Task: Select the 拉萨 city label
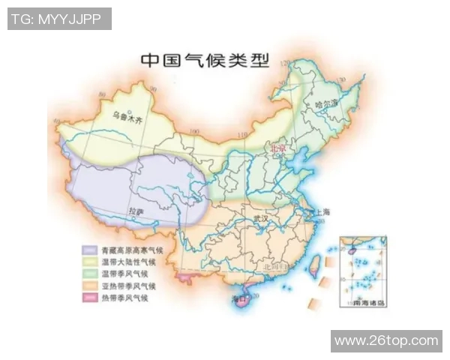point(136,211)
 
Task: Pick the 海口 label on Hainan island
point(240,299)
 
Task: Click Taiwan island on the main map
point(315,264)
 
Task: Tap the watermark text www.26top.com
point(387,341)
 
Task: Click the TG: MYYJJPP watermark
point(58,19)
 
